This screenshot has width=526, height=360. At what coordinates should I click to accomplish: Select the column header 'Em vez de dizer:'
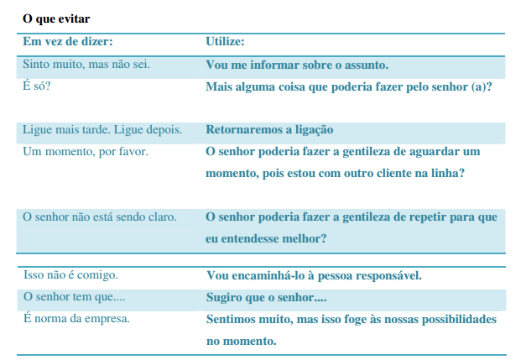[x=68, y=41]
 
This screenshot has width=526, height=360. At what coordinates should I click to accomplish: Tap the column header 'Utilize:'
[x=225, y=41]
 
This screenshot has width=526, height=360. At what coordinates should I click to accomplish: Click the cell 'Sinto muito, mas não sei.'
[x=86, y=65]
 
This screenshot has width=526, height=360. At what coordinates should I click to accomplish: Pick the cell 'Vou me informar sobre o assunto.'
[x=297, y=65]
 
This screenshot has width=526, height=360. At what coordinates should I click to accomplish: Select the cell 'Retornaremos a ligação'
[x=269, y=129]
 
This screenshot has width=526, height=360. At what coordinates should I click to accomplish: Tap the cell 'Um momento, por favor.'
[x=85, y=151]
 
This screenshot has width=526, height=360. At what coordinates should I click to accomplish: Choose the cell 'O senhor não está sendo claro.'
[x=99, y=217]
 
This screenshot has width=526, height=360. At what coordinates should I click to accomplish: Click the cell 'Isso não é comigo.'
[x=70, y=275]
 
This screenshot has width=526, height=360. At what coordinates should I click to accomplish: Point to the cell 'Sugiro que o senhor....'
[x=266, y=297]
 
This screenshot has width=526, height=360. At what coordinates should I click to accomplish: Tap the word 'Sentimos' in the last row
[x=232, y=320]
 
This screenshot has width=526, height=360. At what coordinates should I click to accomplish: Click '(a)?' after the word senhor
[x=480, y=86]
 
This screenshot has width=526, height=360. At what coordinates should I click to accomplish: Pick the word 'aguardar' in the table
[x=427, y=152]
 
